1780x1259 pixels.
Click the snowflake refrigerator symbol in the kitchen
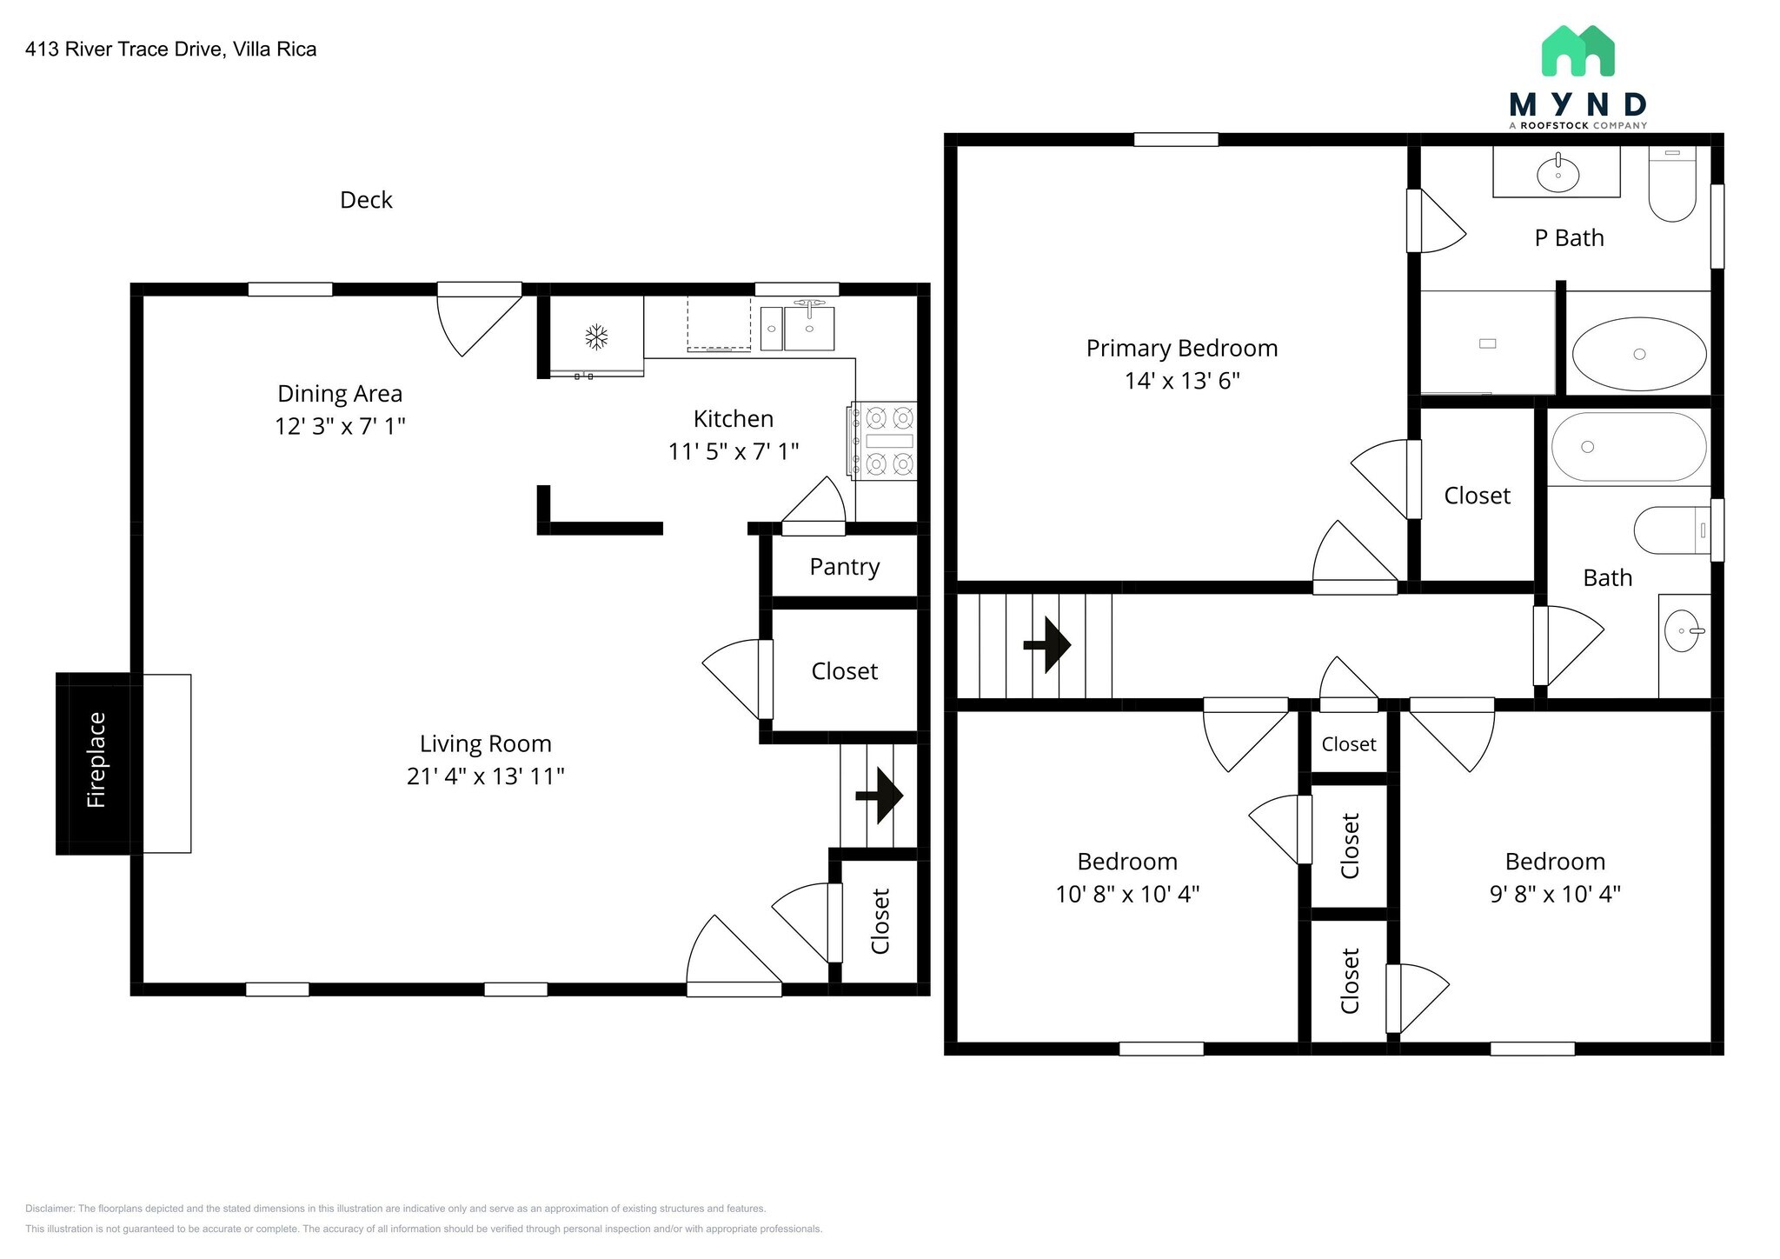click(x=595, y=336)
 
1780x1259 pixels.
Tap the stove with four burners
click(x=884, y=441)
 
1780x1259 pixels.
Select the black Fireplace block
click(x=94, y=763)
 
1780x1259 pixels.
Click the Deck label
click(x=366, y=200)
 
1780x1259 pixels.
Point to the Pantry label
click(x=844, y=567)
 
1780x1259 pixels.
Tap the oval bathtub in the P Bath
click(x=1638, y=353)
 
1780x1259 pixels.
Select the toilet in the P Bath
click(x=1672, y=186)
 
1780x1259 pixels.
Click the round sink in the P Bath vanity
click(x=1557, y=174)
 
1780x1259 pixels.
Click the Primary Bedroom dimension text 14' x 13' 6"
click(x=1181, y=381)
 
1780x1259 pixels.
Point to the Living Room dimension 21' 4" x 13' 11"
click(x=485, y=776)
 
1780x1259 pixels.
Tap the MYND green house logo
click(x=1577, y=51)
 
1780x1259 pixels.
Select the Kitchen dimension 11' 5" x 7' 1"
click(x=733, y=451)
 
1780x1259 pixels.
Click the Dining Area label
click(x=340, y=394)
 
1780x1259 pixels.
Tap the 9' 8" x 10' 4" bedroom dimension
click(x=1554, y=894)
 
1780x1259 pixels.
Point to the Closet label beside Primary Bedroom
click(x=1477, y=496)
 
